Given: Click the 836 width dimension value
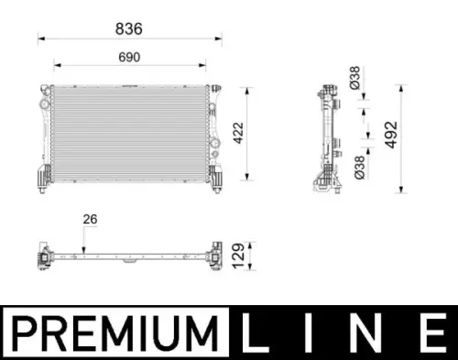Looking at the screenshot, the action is point(129,28).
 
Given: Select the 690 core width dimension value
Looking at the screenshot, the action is point(129,57).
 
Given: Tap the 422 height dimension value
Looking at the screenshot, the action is point(238,133).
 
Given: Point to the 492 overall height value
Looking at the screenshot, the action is point(391,135).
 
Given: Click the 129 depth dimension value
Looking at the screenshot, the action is point(238,256).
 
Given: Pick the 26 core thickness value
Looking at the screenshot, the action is point(90,219).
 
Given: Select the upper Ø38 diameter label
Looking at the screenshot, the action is point(355,78).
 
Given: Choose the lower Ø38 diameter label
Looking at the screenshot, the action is point(360,168).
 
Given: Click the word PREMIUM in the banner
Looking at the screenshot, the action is point(115,333).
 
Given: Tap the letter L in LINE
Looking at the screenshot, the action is point(254,332).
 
